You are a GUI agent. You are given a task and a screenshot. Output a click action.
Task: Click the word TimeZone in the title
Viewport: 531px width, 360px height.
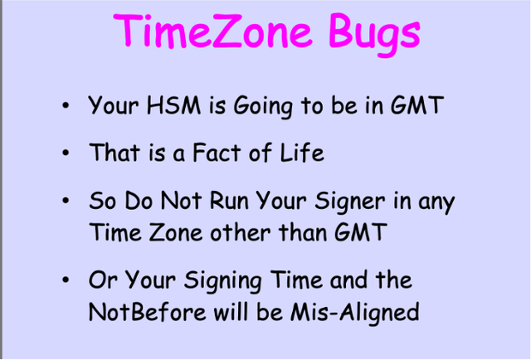[x=212, y=31]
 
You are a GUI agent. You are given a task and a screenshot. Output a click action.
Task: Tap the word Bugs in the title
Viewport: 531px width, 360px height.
[x=374, y=34]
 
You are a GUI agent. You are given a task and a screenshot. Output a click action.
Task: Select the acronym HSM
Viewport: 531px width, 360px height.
[x=173, y=105]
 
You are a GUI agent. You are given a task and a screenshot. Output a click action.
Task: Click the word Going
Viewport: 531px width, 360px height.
[x=263, y=107]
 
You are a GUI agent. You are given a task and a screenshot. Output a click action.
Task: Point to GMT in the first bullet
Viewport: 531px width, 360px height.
[x=417, y=105]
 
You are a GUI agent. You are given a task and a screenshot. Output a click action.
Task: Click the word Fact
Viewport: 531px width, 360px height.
[x=217, y=152]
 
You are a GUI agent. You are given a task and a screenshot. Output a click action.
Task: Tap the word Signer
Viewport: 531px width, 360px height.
[x=350, y=202]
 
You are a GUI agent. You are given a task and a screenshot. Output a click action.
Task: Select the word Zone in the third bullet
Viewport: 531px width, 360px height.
[x=175, y=232]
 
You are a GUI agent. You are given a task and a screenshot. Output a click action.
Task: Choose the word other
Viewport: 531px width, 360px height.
[x=240, y=232]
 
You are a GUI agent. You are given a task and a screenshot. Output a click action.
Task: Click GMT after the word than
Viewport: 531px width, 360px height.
[x=361, y=232]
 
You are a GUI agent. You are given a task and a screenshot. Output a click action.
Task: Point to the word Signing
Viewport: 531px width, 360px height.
[x=223, y=281]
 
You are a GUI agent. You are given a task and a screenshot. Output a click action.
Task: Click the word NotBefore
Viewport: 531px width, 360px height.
[x=148, y=312]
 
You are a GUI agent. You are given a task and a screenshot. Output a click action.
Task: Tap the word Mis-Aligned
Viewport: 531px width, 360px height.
[x=355, y=314]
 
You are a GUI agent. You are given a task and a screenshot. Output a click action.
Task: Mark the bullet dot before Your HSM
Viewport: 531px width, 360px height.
[x=66, y=105]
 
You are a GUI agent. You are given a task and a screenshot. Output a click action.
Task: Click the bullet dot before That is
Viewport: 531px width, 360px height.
[x=66, y=153]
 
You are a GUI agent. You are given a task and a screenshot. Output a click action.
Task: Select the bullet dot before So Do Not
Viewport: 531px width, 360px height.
[x=66, y=201]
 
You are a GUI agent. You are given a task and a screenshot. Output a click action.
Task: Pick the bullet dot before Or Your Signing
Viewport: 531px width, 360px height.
[x=66, y=280]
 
